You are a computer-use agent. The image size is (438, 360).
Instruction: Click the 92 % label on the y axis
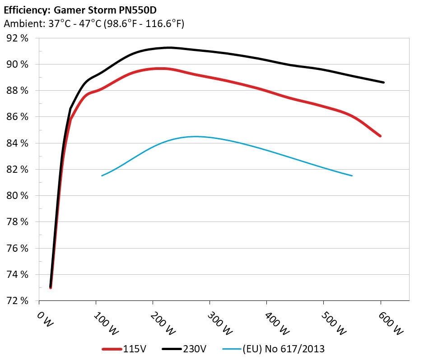point(18,38)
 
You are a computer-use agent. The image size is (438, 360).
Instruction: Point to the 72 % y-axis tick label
point(18,301)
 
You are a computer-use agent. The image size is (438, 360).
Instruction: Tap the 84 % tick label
point(18,143)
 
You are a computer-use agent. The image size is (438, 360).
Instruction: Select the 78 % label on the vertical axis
point(18,222)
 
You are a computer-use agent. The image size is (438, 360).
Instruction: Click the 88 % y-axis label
point(18,91)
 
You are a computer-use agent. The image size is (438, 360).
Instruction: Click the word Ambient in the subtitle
point(22,24)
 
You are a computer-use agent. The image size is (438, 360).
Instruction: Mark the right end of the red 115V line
point(380,136)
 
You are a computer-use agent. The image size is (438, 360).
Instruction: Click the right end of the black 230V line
point(383,82)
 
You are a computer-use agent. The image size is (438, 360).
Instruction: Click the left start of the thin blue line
point(102,175)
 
